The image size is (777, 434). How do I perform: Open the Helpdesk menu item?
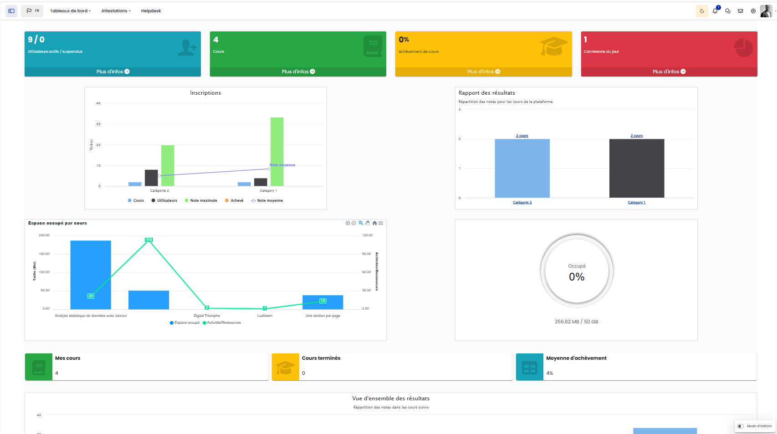[x=151, y=11]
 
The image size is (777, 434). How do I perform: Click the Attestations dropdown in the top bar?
[x=116, y=11]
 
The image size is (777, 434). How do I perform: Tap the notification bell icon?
[x=715, y=11]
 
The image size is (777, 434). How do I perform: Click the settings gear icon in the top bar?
[x=753, y=11]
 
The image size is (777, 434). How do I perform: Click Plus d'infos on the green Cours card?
[x=298, y=71]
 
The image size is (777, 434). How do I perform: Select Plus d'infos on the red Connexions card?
[x=669, y=71]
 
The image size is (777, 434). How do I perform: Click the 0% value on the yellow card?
[x=404, y=40]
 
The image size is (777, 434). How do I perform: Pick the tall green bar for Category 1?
[x=277, y=152]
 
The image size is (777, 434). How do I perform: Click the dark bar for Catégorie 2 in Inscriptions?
[x=151, y=178]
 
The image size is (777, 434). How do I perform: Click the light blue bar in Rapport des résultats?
[x=522, y=168]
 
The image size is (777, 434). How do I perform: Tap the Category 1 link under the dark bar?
[x=636, y=203]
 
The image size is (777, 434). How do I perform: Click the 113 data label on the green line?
[x=149, y=240]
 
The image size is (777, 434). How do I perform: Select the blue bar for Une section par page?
[x=322, y=303]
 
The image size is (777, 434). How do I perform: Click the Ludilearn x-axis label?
[x=265, y=316]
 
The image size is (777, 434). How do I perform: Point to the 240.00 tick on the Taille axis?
[x=44, y=235]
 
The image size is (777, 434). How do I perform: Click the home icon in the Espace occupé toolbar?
[x=374, y=223]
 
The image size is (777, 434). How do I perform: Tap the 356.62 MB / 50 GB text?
[x=576, y=322]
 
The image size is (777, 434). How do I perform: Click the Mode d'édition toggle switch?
[x=741, y=426]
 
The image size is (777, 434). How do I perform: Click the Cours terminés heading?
[x=321, y=358]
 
